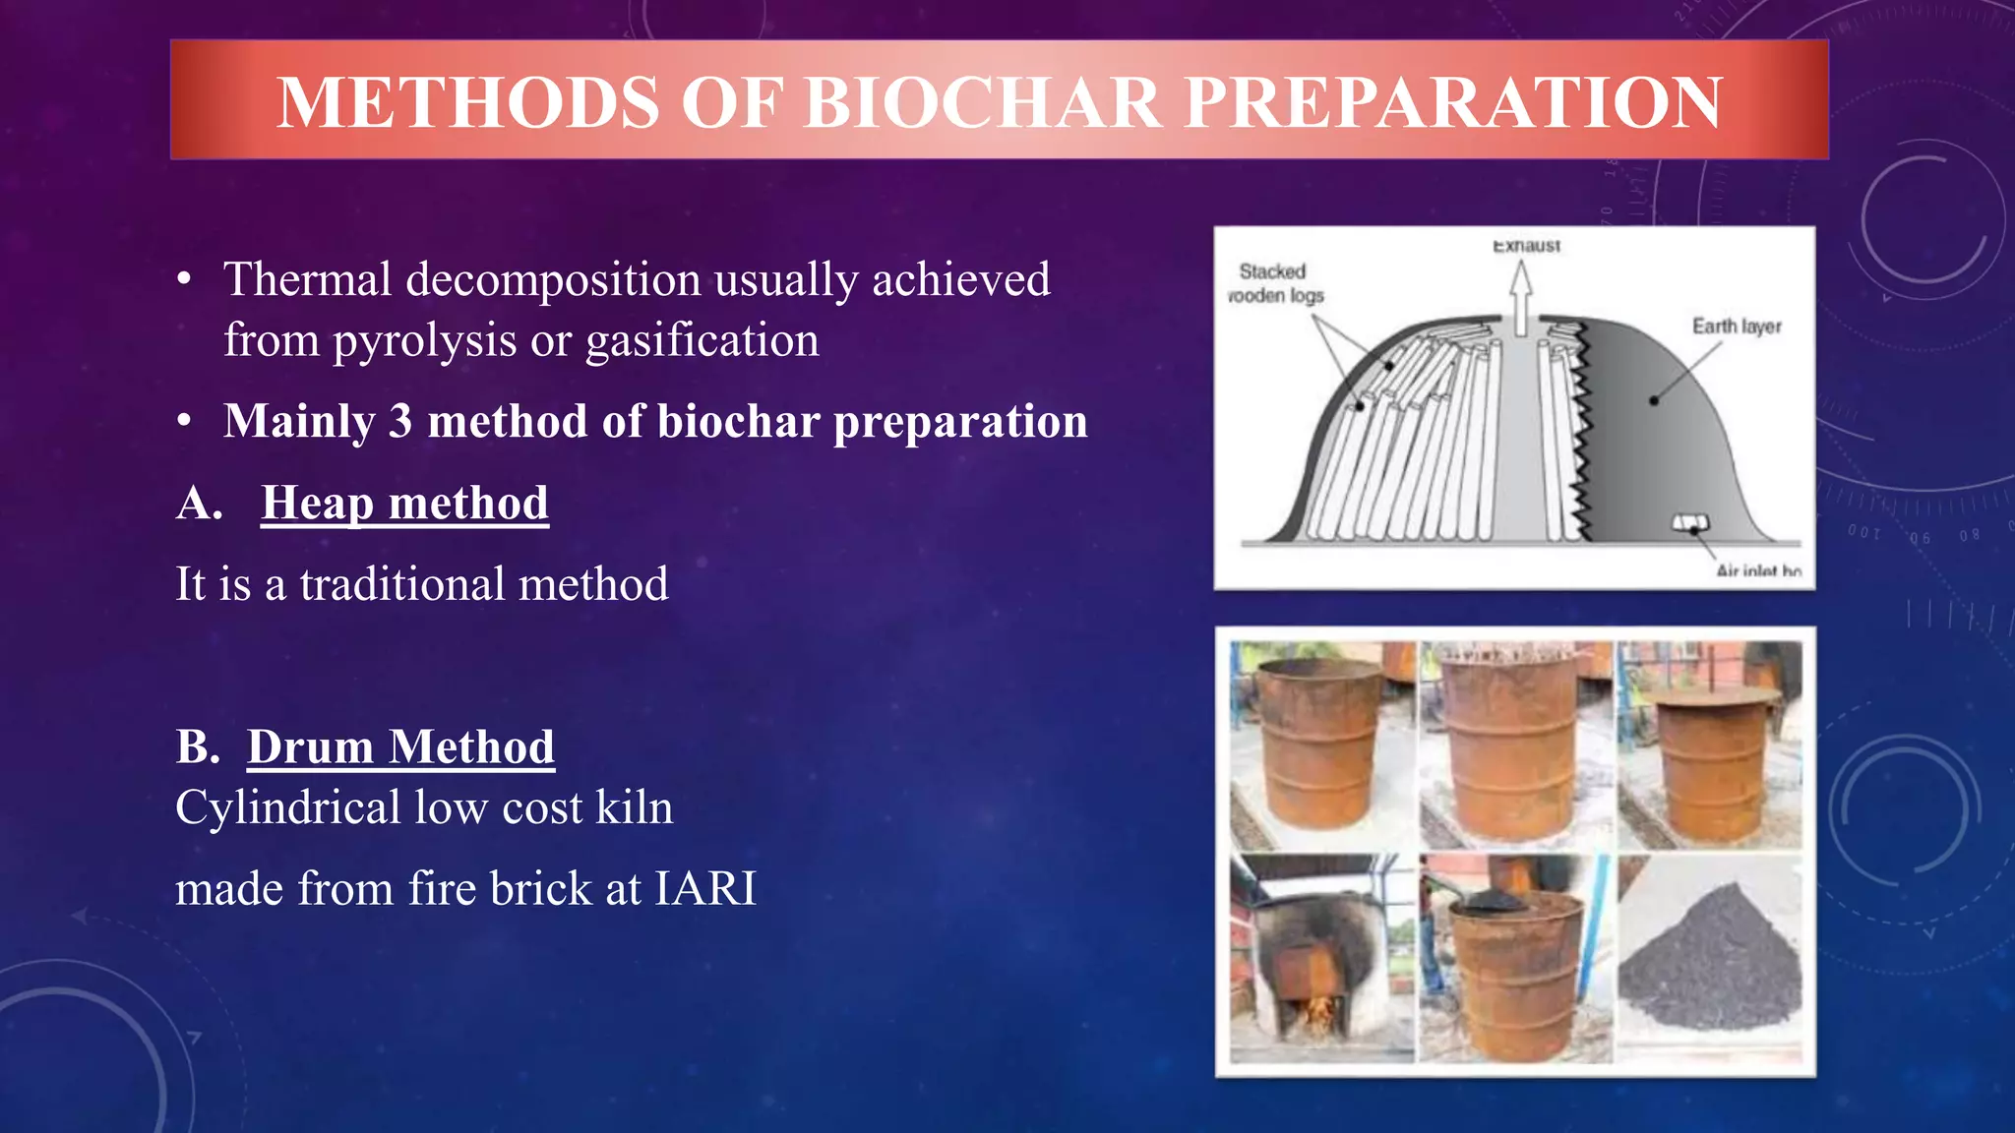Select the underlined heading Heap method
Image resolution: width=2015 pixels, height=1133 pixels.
tap(404, 503)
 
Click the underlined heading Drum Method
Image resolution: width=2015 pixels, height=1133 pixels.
tap(400, 746)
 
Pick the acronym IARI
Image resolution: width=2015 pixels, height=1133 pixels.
tap(705, 888)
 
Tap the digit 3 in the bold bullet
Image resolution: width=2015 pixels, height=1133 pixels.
tap(400, 421)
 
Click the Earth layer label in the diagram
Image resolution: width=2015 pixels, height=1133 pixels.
tap(1736, 327)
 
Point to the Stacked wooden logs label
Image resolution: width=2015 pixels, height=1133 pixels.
tap(1275, 283)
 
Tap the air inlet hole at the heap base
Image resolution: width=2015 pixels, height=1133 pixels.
tap(1690, 523)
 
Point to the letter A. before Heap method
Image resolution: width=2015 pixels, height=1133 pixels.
tap(200, 503)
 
